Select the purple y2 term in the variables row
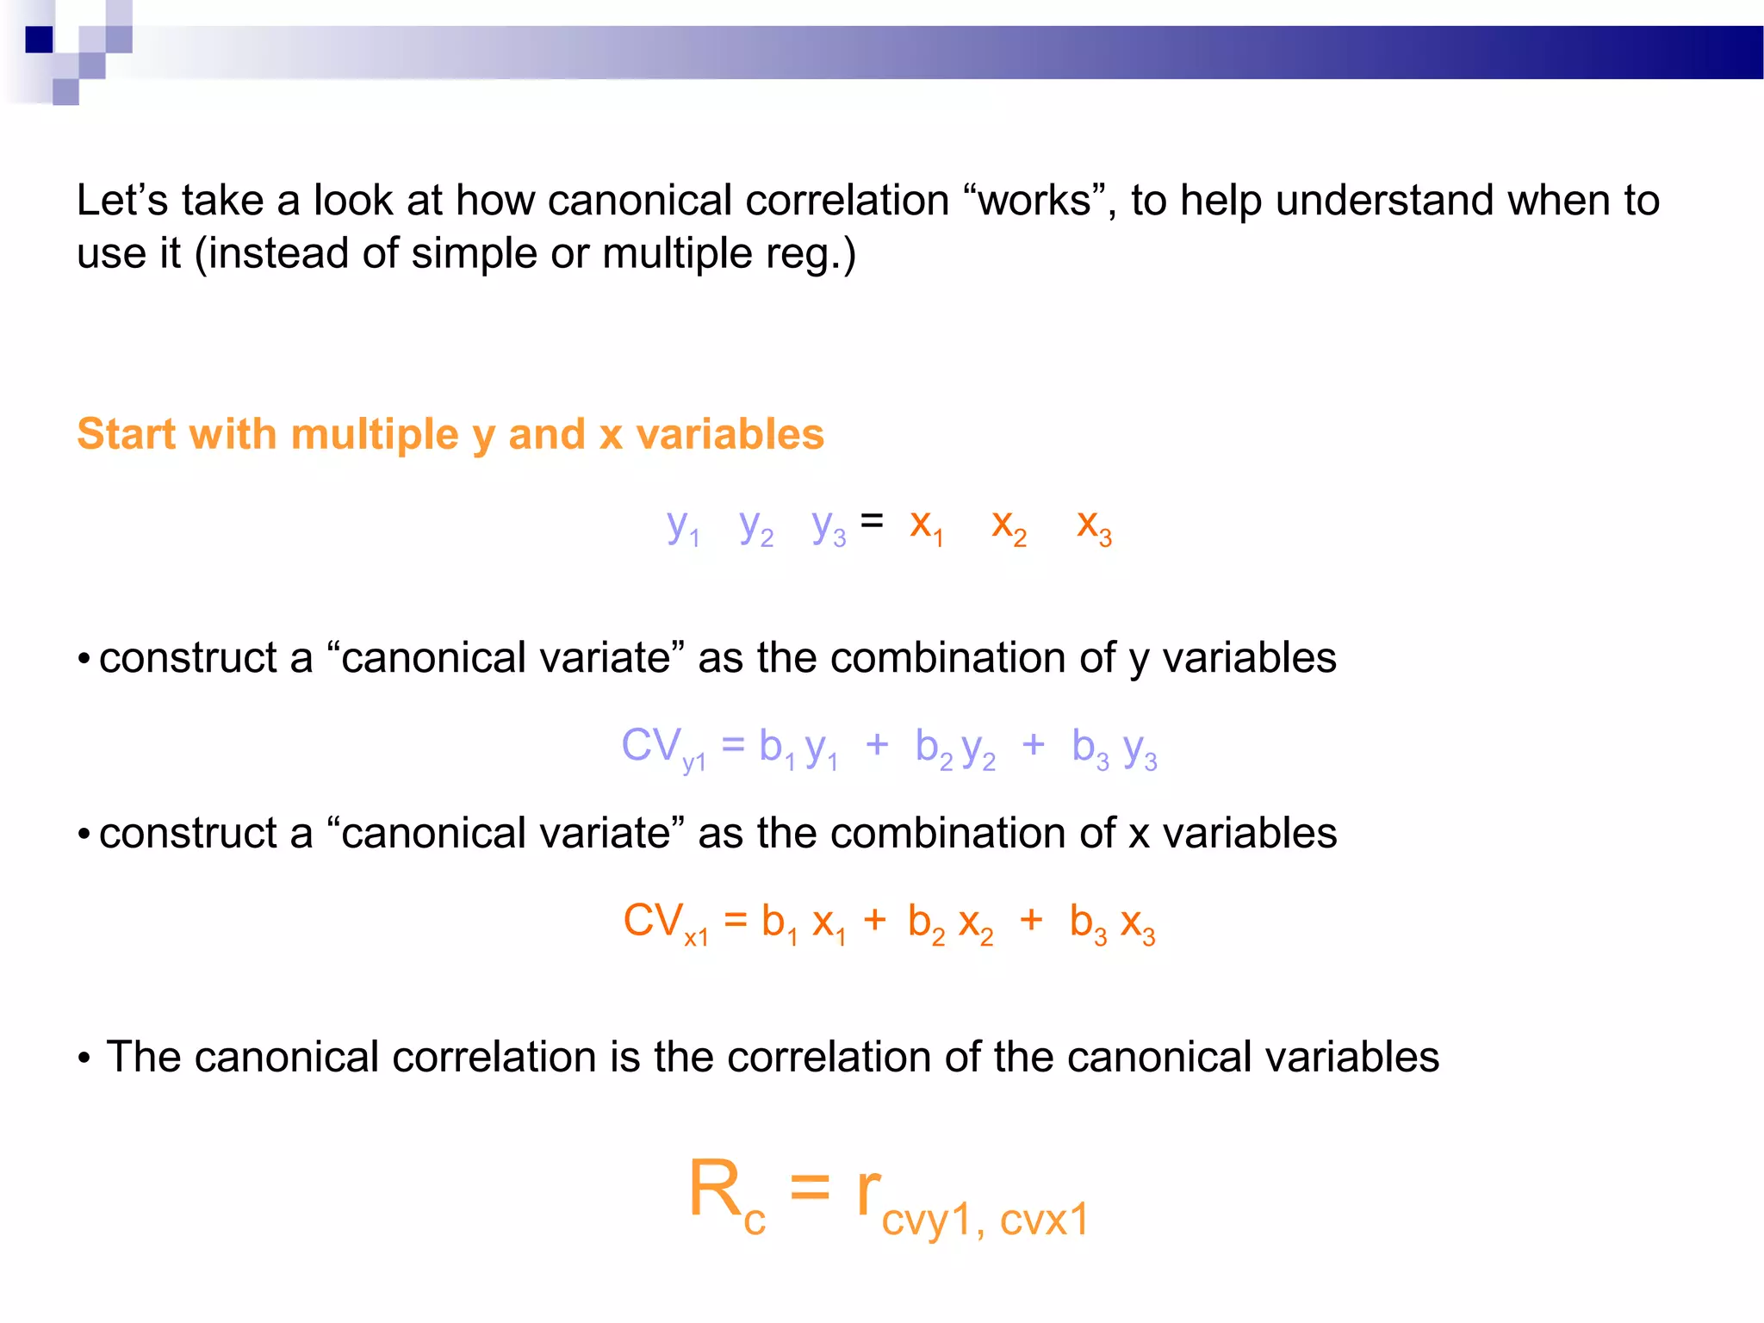pos(755,526)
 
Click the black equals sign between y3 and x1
pos(872,520)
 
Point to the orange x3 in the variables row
pos(1094,526)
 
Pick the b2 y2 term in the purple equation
pos(955,748)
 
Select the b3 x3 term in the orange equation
pos(1112,922)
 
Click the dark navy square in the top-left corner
pos(39,40)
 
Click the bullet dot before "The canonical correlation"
pos(84,1059)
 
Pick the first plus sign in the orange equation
pos(874,920)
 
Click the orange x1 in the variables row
pos(926,526)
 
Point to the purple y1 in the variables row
pos(682,526)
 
